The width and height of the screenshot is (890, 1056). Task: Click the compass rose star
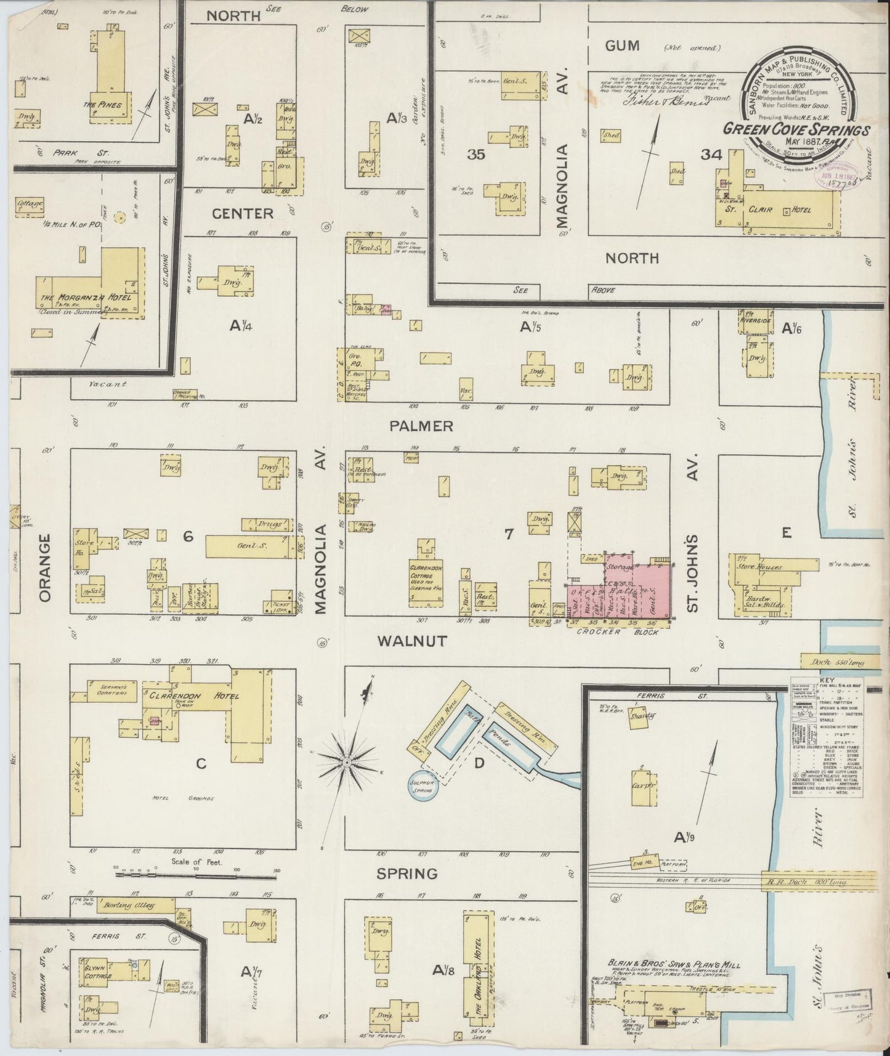click(347, 763)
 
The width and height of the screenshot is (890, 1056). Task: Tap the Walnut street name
click(412, 641)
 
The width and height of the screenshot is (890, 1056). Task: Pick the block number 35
click(476, 155)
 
